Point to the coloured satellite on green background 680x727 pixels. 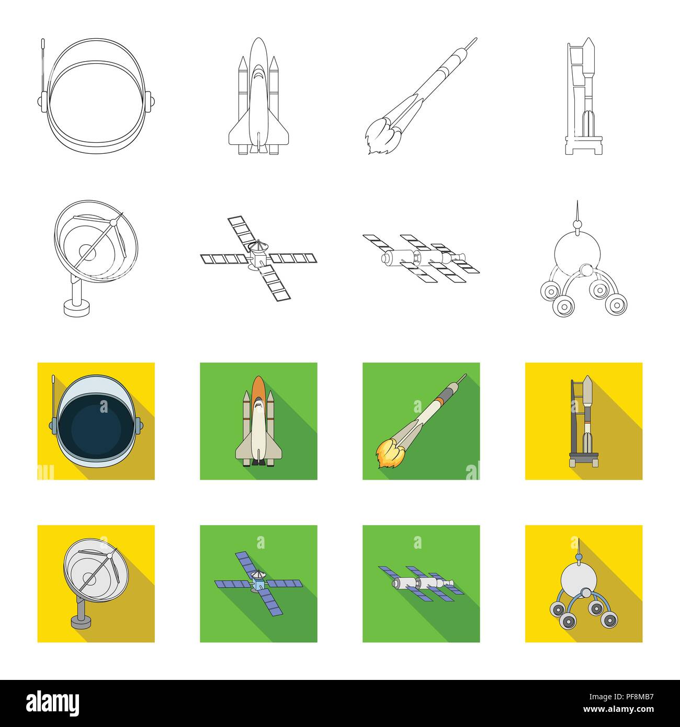pyautogui.click(x=258, y=581)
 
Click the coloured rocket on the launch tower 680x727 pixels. pyautogui.click(x=587, y=418)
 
